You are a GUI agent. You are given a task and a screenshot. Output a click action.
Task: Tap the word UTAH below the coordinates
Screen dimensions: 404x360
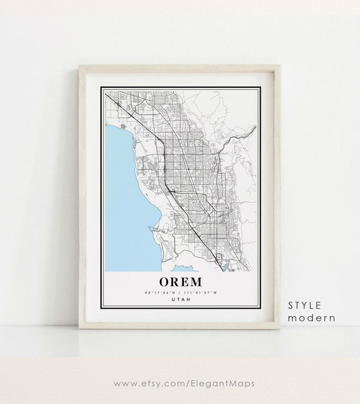tap(180, 300)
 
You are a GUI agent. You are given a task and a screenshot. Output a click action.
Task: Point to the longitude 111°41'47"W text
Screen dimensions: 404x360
tap(200, 292)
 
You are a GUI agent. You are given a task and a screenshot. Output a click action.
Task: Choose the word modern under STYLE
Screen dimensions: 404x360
tap(311, 318)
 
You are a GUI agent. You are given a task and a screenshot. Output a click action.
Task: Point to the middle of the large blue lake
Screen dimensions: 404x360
tap(129, 189)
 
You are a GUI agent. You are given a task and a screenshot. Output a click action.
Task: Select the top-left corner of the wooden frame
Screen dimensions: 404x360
tap(80, 67)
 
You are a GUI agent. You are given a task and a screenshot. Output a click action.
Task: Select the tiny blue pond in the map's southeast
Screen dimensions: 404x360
tap(225, 267)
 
